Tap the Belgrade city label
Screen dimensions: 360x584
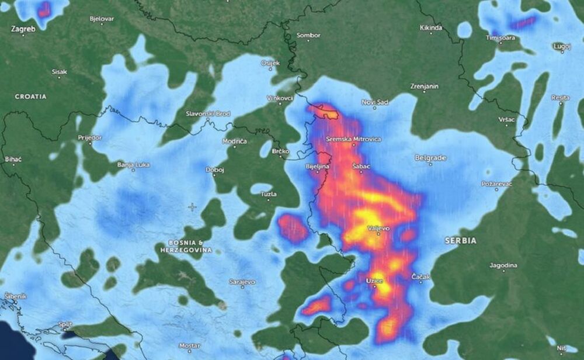(430, 158)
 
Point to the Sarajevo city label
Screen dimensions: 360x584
(242, 282)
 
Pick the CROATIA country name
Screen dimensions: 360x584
(30, 96)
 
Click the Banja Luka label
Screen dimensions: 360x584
(133, 165)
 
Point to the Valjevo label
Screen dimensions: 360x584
(378, 229)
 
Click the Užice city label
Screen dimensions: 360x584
(374, 282)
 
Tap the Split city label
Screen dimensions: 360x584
(65, 324)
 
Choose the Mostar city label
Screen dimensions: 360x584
(189, 345)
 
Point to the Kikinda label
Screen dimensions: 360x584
(431, 27)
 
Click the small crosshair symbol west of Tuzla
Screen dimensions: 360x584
(192, 207)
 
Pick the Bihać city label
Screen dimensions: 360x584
(13, 158)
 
